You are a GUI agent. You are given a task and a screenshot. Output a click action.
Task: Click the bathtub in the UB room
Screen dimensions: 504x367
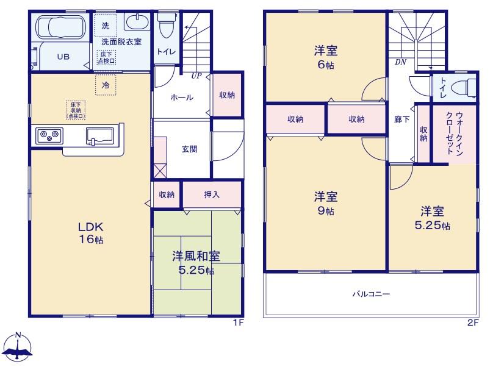(x=60, y=27)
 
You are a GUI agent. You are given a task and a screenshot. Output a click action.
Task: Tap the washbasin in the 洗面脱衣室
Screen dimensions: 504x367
(x=137, y=21)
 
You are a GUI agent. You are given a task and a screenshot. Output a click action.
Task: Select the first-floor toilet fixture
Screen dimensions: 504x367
(x=166, y=26)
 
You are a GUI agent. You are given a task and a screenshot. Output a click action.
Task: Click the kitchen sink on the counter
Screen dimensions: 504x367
(x=99, y=136)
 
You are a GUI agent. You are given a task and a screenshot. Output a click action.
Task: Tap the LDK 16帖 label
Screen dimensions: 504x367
(x=91, y=233)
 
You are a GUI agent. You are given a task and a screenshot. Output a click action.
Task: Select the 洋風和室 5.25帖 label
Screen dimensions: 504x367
(x=196, y=263)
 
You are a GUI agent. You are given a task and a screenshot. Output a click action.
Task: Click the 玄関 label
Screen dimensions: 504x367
(x=189, y=149)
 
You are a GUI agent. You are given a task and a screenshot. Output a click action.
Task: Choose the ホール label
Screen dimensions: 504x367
(x=182, y=98)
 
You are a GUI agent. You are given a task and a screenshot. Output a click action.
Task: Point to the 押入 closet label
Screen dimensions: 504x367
(x=212, y=194)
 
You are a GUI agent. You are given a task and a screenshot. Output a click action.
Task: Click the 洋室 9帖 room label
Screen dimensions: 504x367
(x=326, y=203)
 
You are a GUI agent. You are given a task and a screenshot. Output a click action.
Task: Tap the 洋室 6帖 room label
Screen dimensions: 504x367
(x=326, y=58)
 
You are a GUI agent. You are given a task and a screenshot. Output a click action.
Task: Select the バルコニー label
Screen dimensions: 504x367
(x=371, y=294)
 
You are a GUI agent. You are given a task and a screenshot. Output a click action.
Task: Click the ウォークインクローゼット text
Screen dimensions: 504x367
(x=455, y=134)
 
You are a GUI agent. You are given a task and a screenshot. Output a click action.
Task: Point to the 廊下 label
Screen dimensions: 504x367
(x=401, y=119)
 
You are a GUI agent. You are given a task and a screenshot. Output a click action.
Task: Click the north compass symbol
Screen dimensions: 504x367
(x=20, y=347)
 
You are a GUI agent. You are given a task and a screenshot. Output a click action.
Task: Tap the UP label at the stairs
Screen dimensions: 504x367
(x=196, y=76)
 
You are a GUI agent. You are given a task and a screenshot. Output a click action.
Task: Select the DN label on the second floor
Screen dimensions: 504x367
(x=400, y=62)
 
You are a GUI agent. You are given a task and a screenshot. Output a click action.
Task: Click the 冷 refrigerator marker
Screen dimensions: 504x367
(x=106, y=85)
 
